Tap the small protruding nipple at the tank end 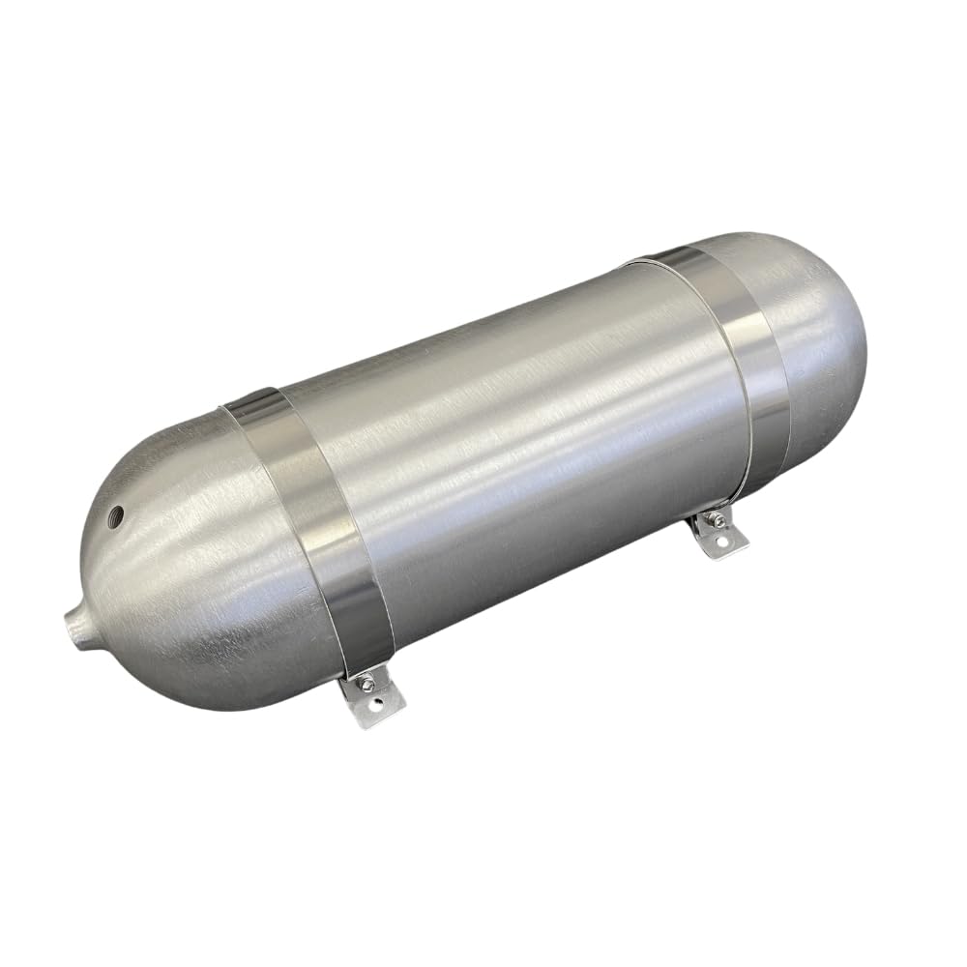pyautogui.click(x=78, y=618)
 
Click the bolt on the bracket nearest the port pyautogui.click(x=366, y=682)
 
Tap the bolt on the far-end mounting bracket pyautogui.click(x=717, y=523)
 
